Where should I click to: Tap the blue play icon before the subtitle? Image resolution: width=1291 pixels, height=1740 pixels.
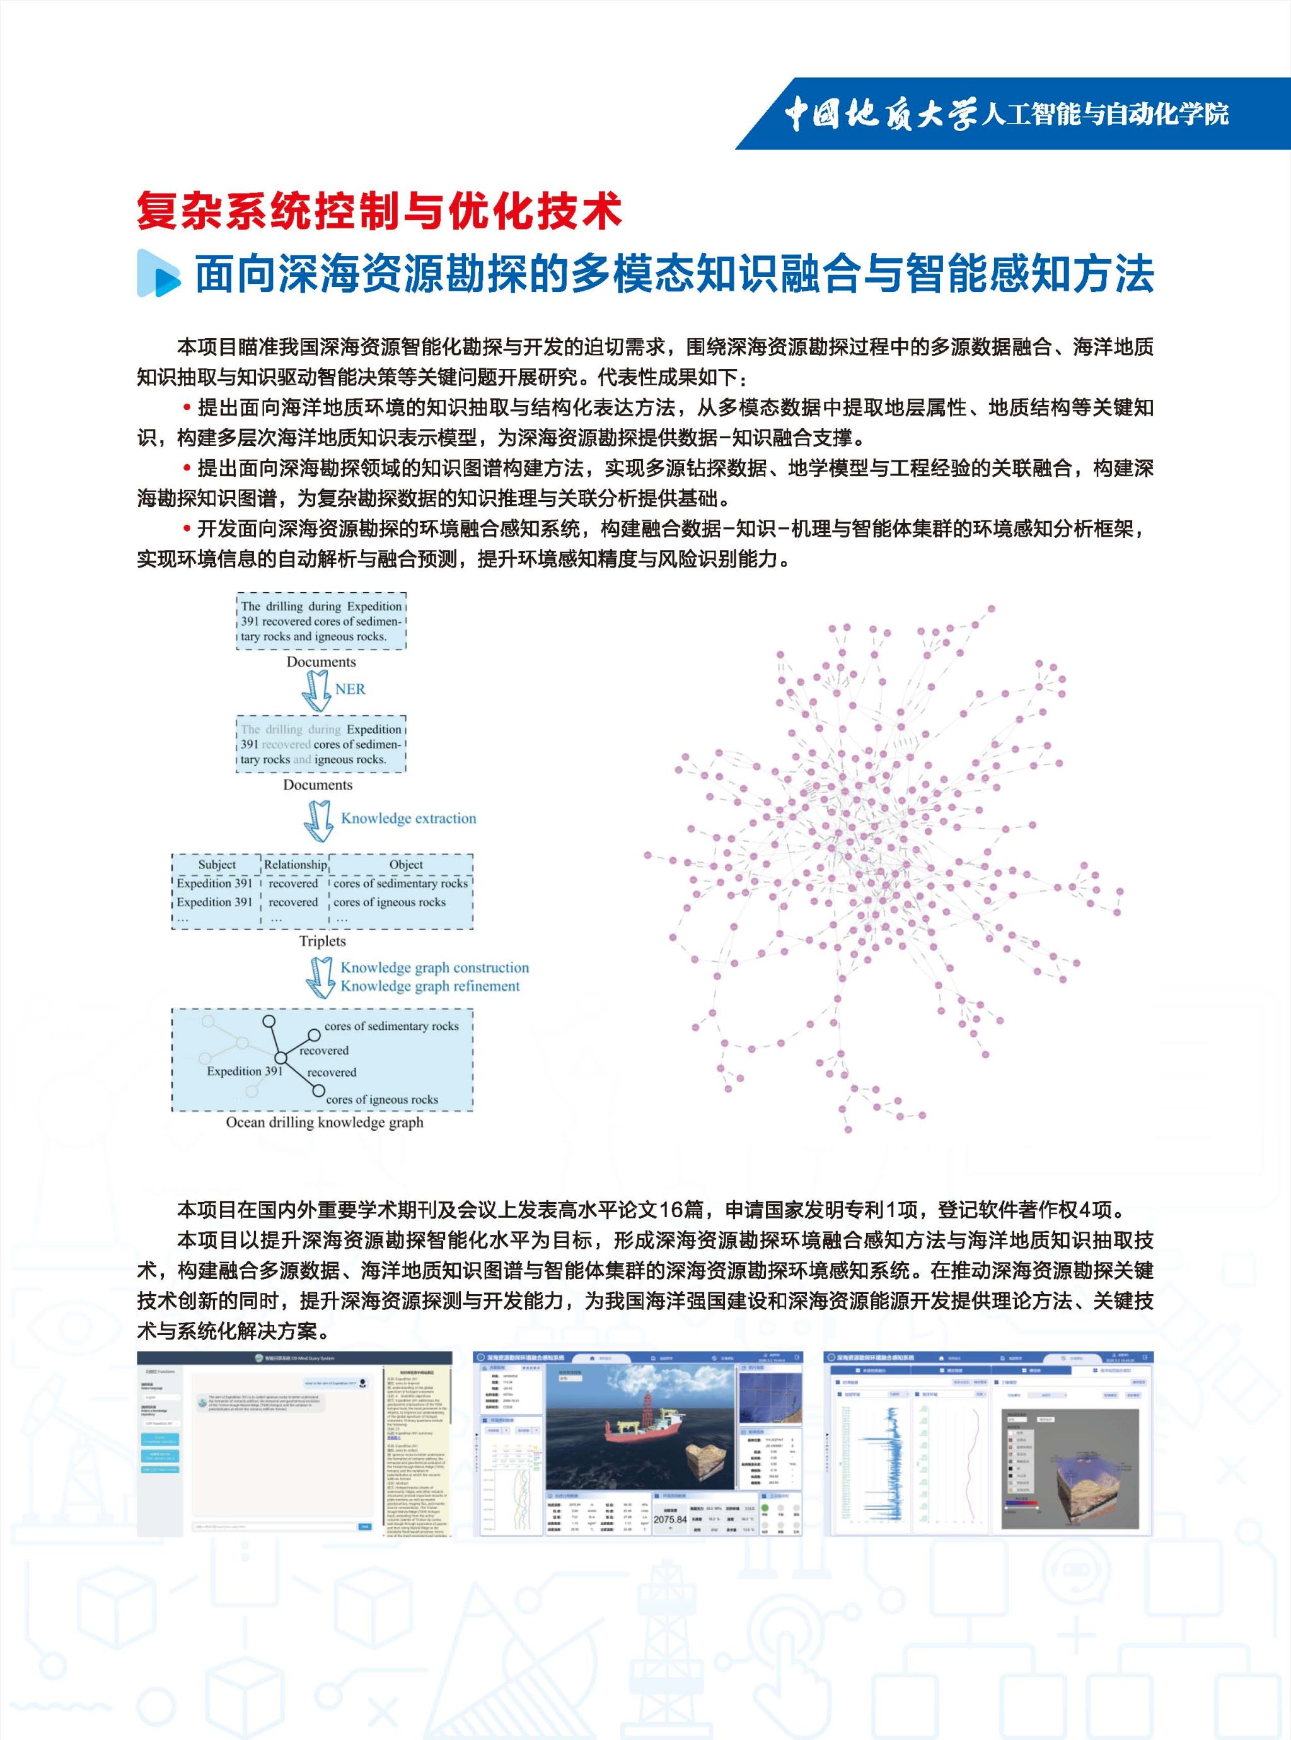click(159, 273)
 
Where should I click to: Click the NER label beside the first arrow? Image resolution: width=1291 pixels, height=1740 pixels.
click(350, 689)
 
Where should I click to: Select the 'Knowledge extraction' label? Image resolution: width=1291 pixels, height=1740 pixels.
click(408, 819)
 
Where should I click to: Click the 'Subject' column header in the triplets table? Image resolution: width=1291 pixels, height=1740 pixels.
click(216, 865)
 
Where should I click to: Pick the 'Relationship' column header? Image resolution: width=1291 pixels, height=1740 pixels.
click(294, 865)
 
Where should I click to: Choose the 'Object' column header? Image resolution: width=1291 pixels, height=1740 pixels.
click(405, 865)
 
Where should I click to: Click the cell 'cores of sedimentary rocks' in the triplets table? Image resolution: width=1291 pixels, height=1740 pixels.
click(400, 884)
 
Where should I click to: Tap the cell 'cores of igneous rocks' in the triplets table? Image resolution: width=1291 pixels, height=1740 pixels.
click(389, 902)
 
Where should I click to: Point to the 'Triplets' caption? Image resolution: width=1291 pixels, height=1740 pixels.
click(322, 941)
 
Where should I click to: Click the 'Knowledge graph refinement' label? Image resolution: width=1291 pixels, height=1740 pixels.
click(430, 986)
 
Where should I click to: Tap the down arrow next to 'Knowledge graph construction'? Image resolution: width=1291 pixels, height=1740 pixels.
click(319, 977)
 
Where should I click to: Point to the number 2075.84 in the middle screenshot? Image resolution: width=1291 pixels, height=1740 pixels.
click(669, 1519)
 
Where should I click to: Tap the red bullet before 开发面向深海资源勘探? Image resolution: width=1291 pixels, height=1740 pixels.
click(187, 529)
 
